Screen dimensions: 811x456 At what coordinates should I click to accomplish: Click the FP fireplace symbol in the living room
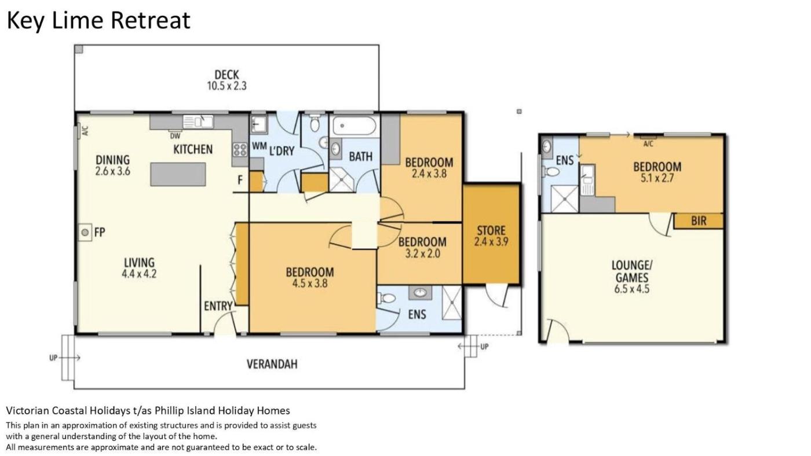(85, 233)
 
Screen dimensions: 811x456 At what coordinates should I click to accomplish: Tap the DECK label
(227, 75)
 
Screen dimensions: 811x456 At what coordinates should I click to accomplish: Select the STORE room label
(491, 230)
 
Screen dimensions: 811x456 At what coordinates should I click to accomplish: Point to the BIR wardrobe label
(699, 221)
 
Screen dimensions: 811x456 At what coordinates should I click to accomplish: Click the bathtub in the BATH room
(355, 126)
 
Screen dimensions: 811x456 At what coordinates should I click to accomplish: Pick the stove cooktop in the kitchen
(240, 149)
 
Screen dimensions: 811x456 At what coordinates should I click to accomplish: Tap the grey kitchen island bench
(178, 174)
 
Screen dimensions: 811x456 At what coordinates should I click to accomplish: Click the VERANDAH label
(272, 364)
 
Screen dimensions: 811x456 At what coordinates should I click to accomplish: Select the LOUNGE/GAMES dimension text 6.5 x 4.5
(632, 289)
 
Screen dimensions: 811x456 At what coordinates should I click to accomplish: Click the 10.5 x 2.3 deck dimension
(227, 86)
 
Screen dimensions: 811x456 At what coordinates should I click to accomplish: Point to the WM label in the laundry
(260, 146)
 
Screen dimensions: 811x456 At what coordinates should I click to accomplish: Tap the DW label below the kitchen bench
(175, 136)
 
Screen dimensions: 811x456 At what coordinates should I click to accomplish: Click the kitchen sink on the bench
(198, 122)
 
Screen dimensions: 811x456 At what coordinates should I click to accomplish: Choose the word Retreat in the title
(150, 20)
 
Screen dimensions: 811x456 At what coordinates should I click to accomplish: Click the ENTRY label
(218, 306)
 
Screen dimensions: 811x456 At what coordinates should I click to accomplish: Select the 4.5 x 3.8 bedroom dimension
(310, 283)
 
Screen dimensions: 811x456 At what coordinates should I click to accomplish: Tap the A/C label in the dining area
(86, 131)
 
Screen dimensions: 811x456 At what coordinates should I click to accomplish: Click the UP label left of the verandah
(53, 358)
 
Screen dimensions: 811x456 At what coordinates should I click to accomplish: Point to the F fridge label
(240, 180)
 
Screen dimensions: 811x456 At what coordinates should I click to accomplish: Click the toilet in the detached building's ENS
(550, 171)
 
